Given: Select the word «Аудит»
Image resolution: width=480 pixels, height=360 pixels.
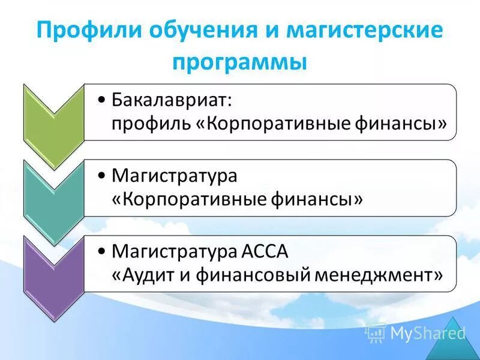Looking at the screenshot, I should (x=145, y=275).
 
